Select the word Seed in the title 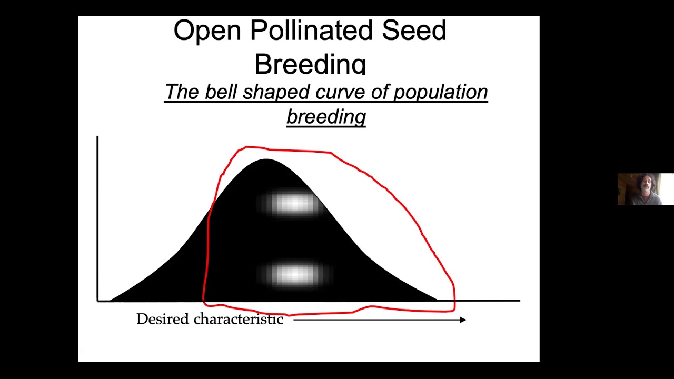click(414, 31)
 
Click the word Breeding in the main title click(310, 64)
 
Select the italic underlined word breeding click(326, 116)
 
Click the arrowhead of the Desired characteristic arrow click(463, 320)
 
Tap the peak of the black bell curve click(266, 160)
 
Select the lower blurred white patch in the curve click(294, 274)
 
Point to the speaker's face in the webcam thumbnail click(643, 186)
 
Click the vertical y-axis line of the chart click(97, 216)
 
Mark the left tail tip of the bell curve click(112, 300)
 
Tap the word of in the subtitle click(380, 92)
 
